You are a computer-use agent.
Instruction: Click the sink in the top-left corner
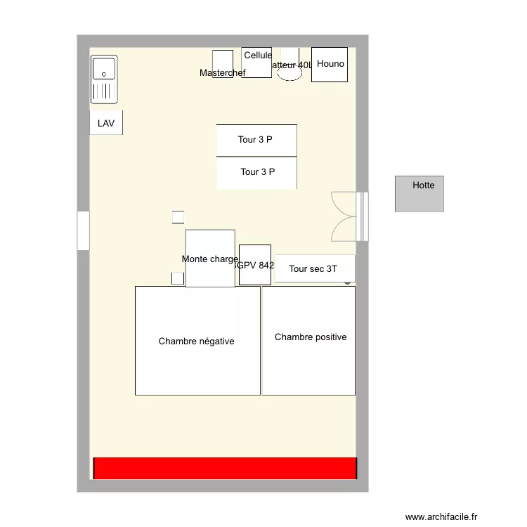(x=104, y=79)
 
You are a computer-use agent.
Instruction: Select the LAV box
(x=106, y=123)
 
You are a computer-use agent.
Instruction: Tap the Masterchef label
(x=222, y=73)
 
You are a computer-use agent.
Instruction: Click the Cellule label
(x=258, y=56)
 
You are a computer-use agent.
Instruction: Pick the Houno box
(x=330, y=65)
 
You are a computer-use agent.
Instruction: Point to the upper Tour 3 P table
(x=256, y=140)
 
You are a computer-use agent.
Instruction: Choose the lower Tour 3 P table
(x=256, y=172)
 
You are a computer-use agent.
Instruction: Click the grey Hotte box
(x=419, y=193)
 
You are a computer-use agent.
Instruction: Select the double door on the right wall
(x=346, y=216)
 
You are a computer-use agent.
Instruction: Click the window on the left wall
(x=83, y=230)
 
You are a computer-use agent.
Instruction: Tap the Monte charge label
(x=209, y=259)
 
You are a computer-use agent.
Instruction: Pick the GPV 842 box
(x=255, y=265)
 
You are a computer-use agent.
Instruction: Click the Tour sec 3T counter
(x=313, y=268)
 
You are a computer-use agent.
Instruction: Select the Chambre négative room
(x=197, y=341)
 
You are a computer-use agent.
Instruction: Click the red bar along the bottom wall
(x=225, y=468)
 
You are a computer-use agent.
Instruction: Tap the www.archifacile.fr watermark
(x=441, y=517)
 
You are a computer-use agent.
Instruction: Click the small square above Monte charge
(x=178, y=217)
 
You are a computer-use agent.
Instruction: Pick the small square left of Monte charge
(x=178, y=278)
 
